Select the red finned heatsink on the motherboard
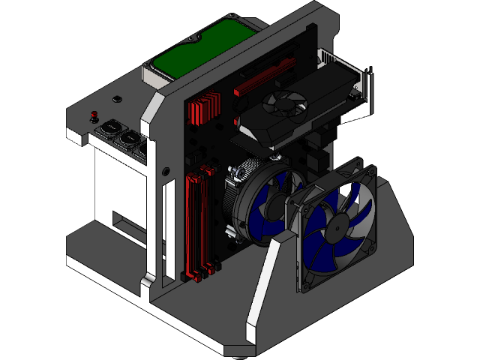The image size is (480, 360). [x=204, y=109]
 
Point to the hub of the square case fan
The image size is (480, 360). [x=340, y=226]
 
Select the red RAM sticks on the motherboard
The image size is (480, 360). [x=196, y=225]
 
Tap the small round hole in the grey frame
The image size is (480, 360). [x=116, y=98]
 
